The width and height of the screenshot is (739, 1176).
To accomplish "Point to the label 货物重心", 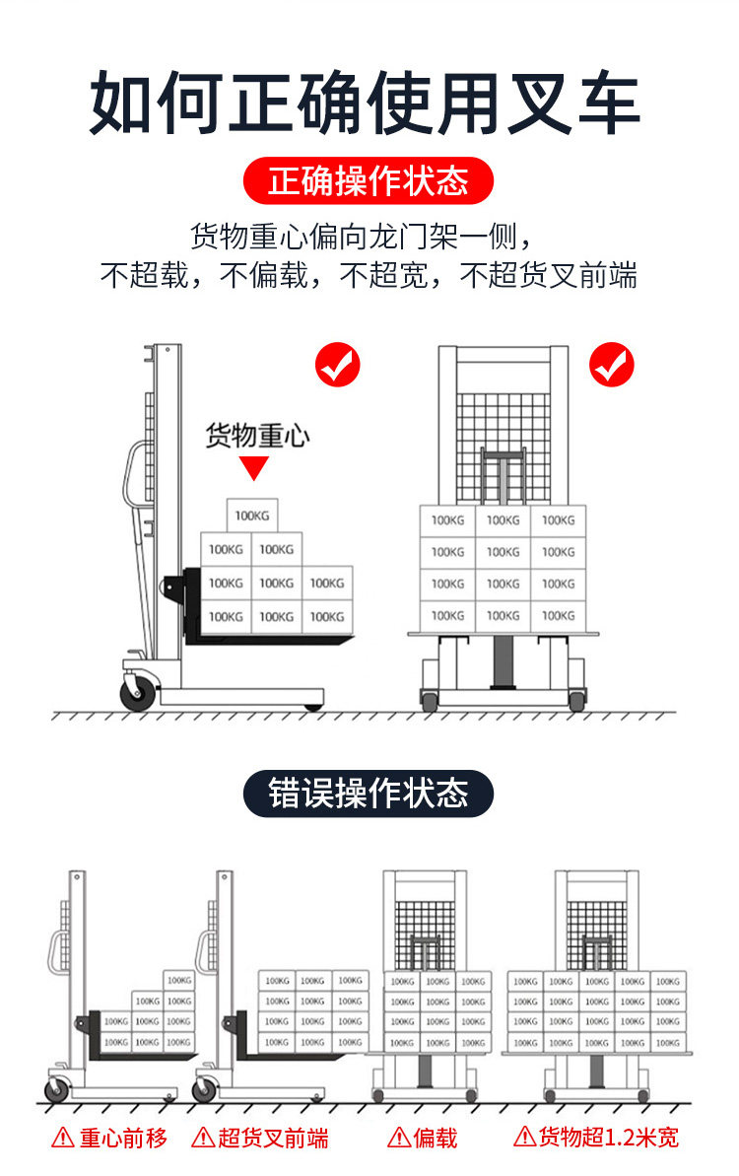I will pos(256,436).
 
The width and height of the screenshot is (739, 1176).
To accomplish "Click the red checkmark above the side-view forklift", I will pos(338,366).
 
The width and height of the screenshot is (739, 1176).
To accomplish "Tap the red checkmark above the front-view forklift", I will pos(612,366).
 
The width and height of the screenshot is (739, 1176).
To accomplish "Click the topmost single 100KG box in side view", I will pos(252,516).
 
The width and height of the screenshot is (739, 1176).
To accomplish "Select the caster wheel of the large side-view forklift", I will pos(137,693).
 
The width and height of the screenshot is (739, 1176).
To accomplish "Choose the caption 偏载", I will pos(436,1139).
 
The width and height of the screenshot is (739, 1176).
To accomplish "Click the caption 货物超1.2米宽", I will pos(608,1137).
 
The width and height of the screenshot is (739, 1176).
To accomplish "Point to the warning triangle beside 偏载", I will pos(399,1138).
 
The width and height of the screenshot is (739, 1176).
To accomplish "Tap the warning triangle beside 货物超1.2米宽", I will pos(524,1137).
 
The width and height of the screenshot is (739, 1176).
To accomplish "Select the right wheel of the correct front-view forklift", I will pos(576,701).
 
